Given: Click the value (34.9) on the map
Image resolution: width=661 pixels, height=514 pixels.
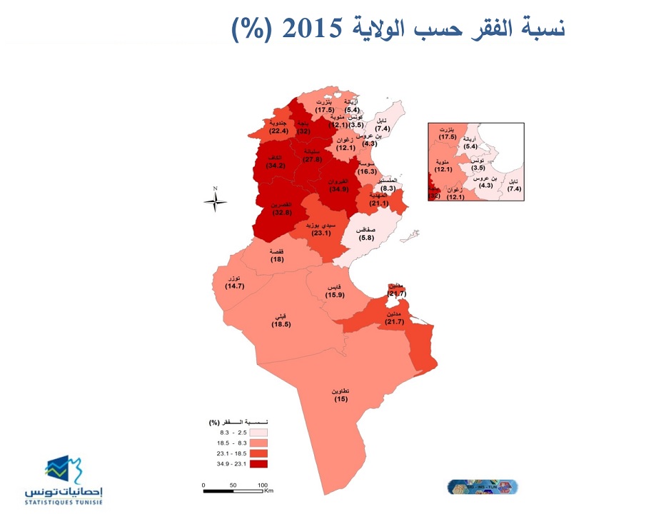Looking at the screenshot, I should pyautogui.click(x=338, y=189).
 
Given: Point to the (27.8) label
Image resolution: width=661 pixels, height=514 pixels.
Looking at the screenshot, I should pyautogui.click(x=312, y=160).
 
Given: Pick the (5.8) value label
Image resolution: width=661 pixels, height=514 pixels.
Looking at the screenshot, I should pyautogui.click(x=367, y=237).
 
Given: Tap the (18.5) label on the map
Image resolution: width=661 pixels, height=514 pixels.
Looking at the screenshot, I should pyautogui.click(x=281, y=325).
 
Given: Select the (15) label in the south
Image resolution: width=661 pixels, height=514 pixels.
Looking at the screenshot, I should pyautogui.click(x=340, y=399).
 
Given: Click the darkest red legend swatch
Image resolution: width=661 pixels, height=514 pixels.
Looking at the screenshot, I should pyautogui.click(x=258, y=464).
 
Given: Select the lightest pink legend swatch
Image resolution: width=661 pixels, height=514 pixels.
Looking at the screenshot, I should pyautogui.click(x=258, y=433).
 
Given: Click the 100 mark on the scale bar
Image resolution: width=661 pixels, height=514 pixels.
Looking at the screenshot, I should pyautogui.click(x=261, y=485).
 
